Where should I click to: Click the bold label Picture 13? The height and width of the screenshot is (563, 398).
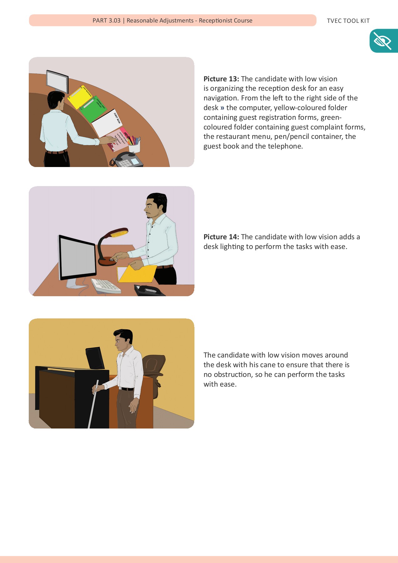coord(221,79)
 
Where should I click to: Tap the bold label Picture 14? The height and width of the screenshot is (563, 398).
coord(221,237)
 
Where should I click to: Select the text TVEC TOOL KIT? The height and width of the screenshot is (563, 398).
coord(348,21)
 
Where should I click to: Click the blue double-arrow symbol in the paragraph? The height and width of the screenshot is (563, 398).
coord(222,108)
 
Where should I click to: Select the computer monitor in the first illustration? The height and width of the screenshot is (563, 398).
coord(57,81)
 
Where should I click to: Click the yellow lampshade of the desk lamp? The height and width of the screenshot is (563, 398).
coord(118,232)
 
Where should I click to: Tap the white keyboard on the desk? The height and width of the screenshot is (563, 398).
coord(106,286)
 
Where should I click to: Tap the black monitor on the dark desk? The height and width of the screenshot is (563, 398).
coord(95,358)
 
